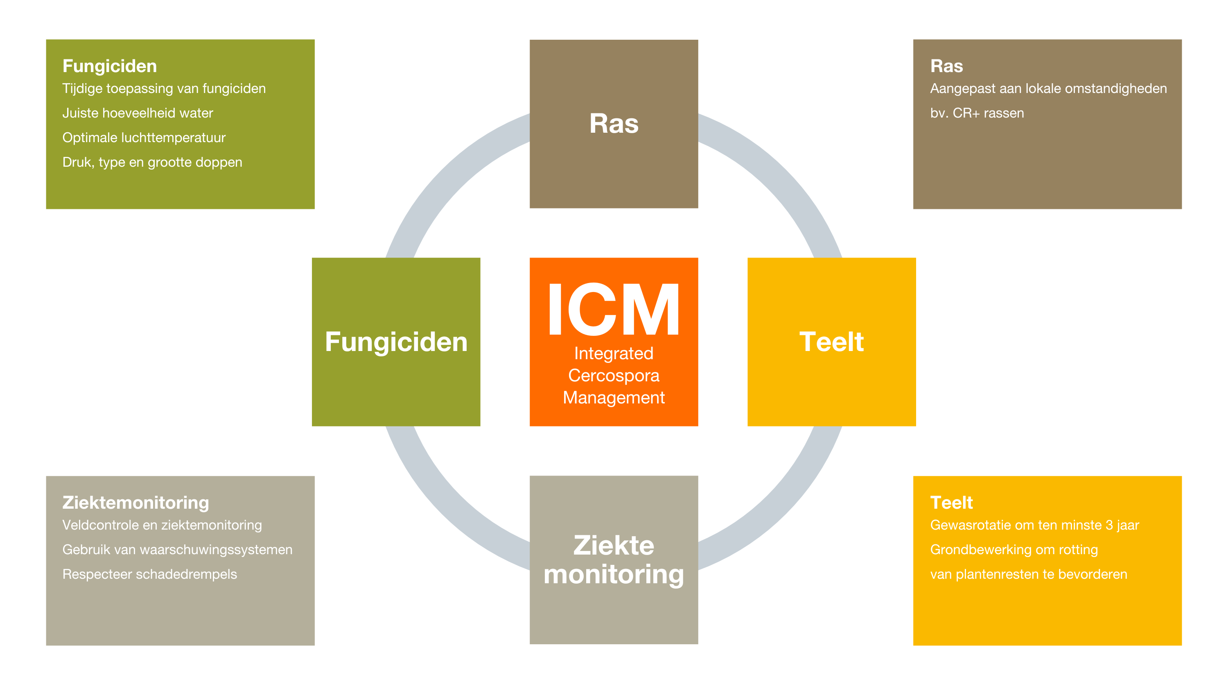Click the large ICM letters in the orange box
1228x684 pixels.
pyautogui.click(x=614, y=309)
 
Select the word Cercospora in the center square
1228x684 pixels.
pyautogui.click(x=614, y=376)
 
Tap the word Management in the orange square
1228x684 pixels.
pyautogui.click(x=614, y=397)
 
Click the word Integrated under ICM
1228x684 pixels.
pyautogui.click(x=614, y=353)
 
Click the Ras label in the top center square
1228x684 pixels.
pyautogui.click(x=614, y=124)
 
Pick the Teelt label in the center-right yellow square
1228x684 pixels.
pyautogui.click(x=831, y=342)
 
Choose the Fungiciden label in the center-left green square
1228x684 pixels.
pyautogui.click(x=396, y=342)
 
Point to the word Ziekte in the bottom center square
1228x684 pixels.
pyautogui.click(x=614, y=545)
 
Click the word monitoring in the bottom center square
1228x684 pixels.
pyautogui.click(x=614, y=574)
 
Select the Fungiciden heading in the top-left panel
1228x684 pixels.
pyautogui.click(x=110, y=66)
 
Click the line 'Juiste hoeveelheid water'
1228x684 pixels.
pyautogui.click(x=138, y=113)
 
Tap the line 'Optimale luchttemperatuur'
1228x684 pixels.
pyautogui.click(x=144, y=138)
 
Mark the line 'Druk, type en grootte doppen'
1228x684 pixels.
pyautogui.click(x=153, y=163)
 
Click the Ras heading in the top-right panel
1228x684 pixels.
pyautogui.click(x=947, y=66)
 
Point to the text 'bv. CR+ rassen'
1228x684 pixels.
pyautogui.click(x=977, y=113)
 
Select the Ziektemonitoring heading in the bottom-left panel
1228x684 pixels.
pyautogui.click(x=136, y=503)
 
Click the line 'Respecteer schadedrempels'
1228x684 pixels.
pyautogui.click(x=150, y=574)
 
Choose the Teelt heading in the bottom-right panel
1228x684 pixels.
pyautogui.click(x=952, y=503)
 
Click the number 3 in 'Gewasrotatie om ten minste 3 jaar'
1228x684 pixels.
pyautogui.click(x=1109, y=525)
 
